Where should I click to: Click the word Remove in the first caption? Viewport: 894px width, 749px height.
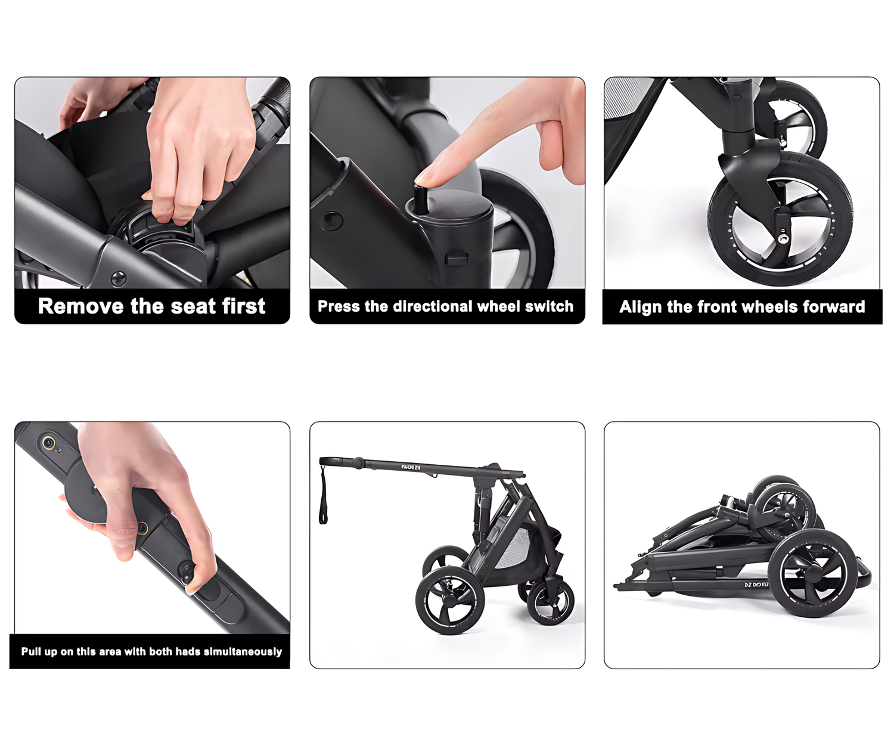point(80,306)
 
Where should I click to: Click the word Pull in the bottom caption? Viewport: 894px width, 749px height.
point(31,651)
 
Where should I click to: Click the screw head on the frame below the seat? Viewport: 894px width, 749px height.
point(118,279)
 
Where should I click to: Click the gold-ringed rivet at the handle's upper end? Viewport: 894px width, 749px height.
point(48,443)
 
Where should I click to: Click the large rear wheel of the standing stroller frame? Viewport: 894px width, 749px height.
point(450,601)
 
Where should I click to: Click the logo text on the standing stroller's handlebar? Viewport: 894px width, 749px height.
point(411,467)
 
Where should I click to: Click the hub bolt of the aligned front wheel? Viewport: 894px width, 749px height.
point(783,238)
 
